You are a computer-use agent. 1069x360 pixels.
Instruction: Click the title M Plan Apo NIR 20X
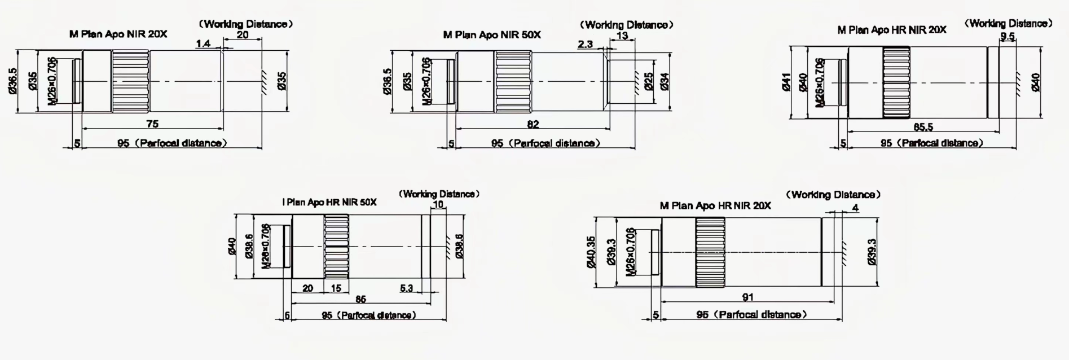pyautogui.click(x=118, y=34)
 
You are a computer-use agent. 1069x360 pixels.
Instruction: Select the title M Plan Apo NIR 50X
pyautogui.click(x=491, y=35)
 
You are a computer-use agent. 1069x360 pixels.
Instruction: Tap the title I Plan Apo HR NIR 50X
pyautogui.click(x=329, y=202)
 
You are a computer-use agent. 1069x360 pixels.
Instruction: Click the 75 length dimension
pyautogui.click(x=152, y=124)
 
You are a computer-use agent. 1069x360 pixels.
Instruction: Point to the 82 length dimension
pyautogui.click(x=533, y=124)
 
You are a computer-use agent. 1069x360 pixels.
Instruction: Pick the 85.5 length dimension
pyautogui.click(x=923, y=128)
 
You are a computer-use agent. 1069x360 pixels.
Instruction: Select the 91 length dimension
pyautogui.click(x=747, y=297)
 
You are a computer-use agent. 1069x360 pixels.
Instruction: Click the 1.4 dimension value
pyautogui.click(x=203, y=44)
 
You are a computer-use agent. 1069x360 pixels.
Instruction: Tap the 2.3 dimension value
pyautogui.click(x=585, y=44)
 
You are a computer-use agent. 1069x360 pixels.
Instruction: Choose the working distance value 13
pyautogui.click(x=622, y=36)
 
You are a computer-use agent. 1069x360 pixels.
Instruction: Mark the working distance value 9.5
pyautogui.click(x=1008, y=37)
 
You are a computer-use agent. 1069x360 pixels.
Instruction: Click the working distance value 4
pyautogui.click(x=855, y=208)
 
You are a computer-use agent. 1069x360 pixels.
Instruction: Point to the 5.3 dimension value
pyautogui.click(x=406, y=288)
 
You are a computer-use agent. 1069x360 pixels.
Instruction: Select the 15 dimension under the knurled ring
pyautogui.click(x=336, y=288)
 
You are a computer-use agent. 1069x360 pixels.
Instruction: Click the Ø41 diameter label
pyautogui.click(x=786, y=82)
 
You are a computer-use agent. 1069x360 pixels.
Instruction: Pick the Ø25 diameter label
pyautogui.click(x=649, y=81)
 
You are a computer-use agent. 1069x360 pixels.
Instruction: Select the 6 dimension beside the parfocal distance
pyautogui.click(x=287, y=315)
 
